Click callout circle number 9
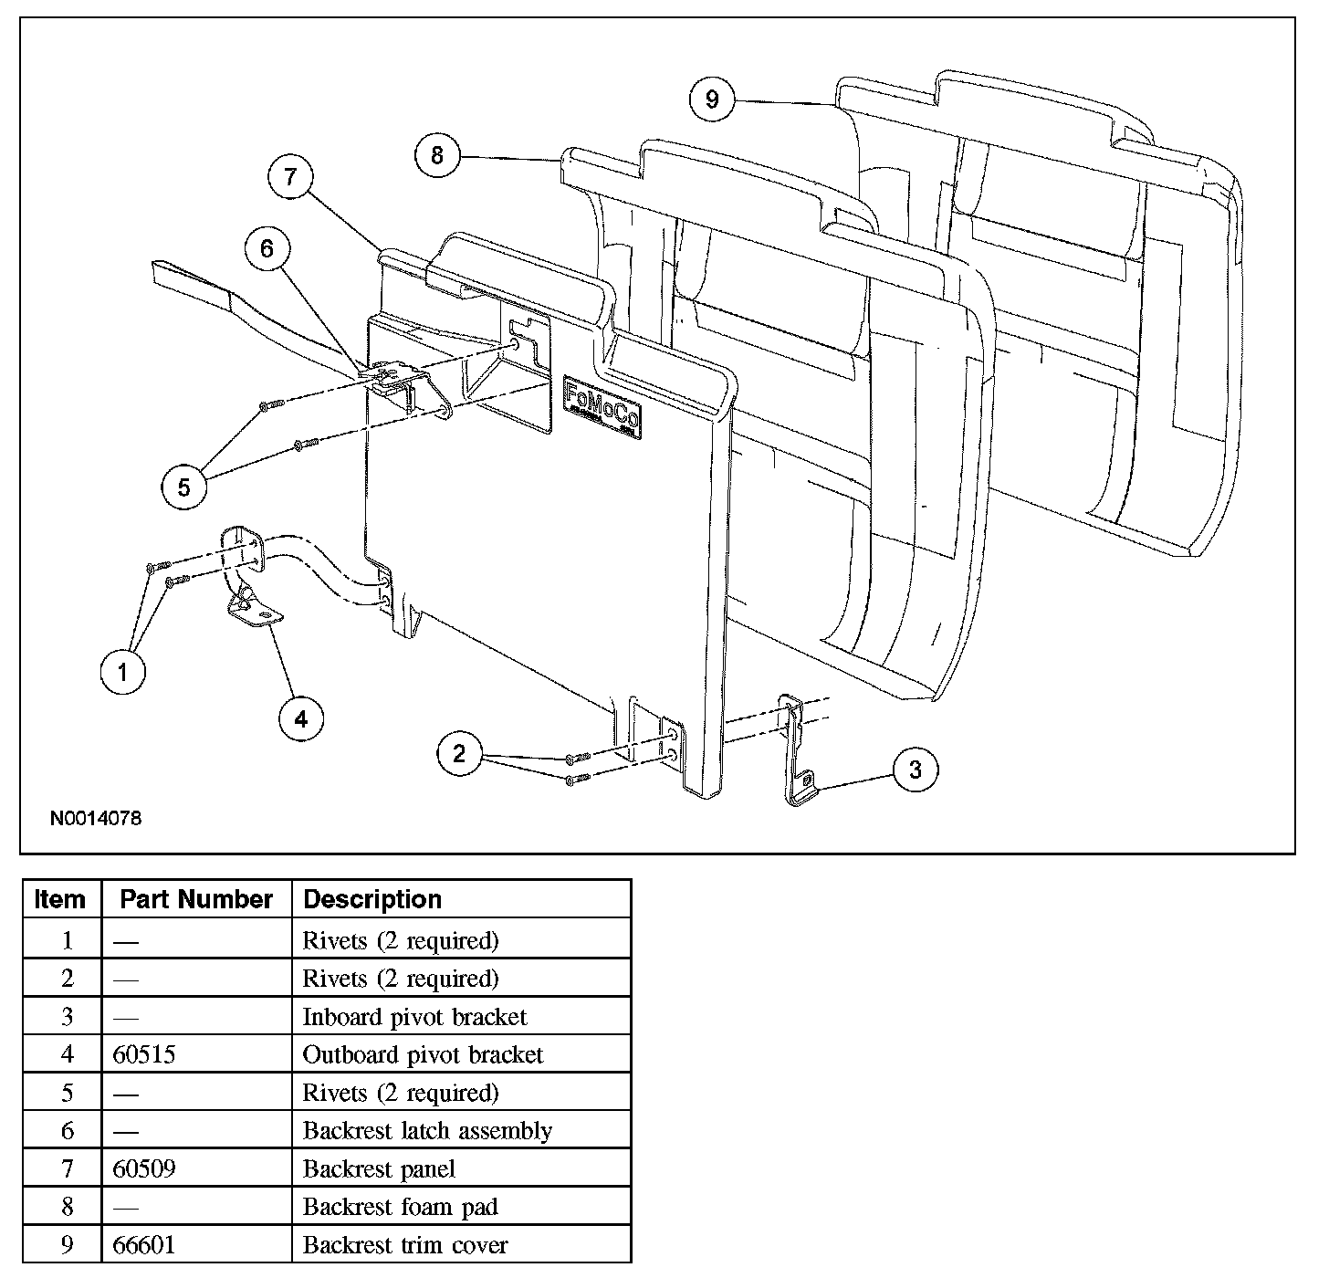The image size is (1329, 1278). (712, 99)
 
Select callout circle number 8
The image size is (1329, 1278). (436, 156)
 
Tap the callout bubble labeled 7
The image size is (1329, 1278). (290, 176)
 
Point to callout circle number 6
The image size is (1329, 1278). (267, 249)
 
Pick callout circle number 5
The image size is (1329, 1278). (183, 487)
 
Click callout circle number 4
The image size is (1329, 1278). (300, 719)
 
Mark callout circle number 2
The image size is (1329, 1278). (458, 753)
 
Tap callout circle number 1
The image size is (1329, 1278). (122, 673)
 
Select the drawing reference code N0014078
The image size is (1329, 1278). (96, 818)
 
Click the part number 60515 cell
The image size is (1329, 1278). (144, 1055)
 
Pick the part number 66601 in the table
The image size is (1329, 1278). (144, 1245)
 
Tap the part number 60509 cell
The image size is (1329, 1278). (144, 1169)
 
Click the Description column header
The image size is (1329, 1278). (372, 899)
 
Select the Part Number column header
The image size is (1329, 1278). (196, 899)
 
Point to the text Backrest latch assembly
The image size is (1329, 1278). (427, 1131)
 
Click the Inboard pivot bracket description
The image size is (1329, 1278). (414, 1017)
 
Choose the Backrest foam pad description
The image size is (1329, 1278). (400, 1207)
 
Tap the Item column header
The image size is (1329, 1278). (60, 899)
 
